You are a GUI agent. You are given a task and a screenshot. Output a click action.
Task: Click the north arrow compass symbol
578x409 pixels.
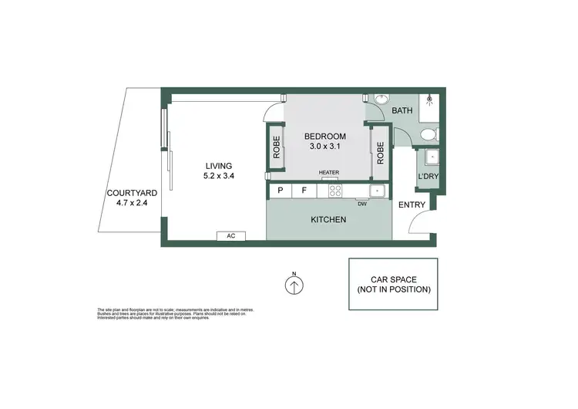click(294, 286)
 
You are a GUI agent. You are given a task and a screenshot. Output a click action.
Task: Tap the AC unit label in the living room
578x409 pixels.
click(231, 236)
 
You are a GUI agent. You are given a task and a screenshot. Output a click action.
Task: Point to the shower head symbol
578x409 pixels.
click(429, 100)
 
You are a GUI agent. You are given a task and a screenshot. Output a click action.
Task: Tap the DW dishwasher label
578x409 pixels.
click(361, 204)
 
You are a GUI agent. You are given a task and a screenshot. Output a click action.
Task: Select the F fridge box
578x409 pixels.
click(304, 190)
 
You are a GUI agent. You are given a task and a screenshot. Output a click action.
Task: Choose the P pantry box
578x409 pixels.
click(280, 190)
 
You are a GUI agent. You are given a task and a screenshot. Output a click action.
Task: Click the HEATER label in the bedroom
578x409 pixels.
click(330, 173)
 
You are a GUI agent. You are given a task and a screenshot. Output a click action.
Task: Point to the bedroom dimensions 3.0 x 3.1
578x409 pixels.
click(324, 146)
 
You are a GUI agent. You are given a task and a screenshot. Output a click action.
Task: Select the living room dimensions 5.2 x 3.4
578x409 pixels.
click(219, 175)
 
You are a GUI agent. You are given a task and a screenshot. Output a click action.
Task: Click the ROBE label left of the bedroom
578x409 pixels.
click(276, 149)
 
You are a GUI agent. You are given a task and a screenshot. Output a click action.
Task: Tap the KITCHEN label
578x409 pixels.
click(328, 220)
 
